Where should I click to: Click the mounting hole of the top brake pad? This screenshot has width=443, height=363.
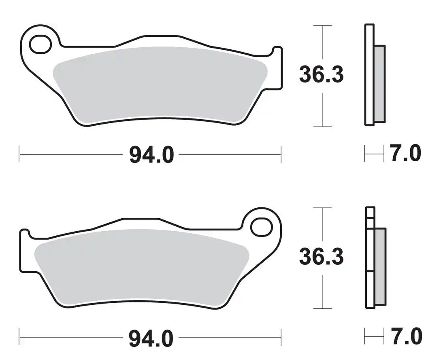[41, 44]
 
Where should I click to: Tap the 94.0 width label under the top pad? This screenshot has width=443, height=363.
[151, 155]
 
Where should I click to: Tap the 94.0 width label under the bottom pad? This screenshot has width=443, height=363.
[151, 338]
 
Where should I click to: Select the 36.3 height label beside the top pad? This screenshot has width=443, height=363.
[322, 74]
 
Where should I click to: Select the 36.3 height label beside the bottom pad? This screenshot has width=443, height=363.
[322, 257]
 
